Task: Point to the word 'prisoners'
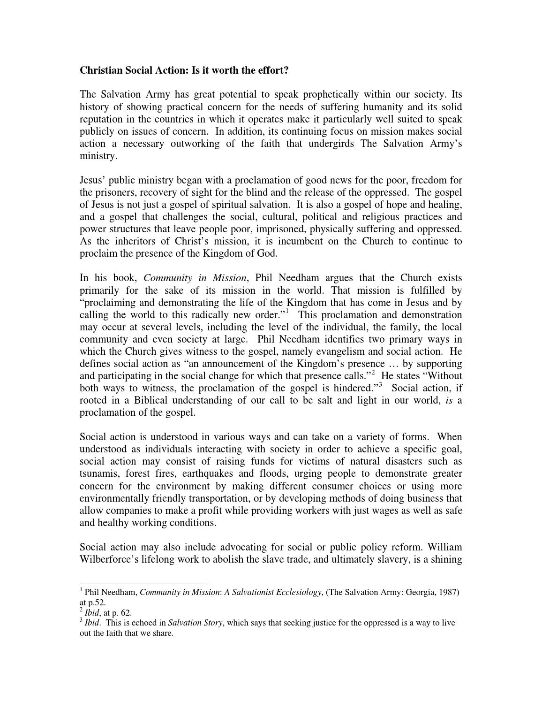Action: (x=115, y=192)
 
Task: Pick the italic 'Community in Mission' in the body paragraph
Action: (x=195, y=278)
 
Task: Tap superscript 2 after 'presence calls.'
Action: (x=373, y=372)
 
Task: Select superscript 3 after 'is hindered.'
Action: (x=380, y=384)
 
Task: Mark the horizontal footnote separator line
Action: (x=143, y=583)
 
